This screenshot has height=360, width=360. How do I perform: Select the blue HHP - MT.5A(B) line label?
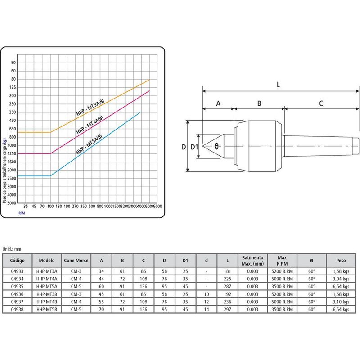90,144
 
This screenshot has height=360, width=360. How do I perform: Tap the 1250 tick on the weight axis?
12,153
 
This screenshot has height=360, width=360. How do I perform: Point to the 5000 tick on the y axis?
12,203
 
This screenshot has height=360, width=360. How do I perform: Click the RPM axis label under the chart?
22,213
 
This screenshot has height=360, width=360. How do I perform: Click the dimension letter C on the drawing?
321,103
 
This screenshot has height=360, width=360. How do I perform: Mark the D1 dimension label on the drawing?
194,147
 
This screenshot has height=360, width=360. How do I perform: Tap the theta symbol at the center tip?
216,146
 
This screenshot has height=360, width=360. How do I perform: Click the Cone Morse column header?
76,260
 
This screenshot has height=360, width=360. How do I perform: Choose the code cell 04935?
18,286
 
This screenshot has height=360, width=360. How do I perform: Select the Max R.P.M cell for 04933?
282,271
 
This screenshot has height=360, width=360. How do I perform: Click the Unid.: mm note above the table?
12,248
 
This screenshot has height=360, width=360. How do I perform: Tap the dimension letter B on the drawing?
259,103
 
